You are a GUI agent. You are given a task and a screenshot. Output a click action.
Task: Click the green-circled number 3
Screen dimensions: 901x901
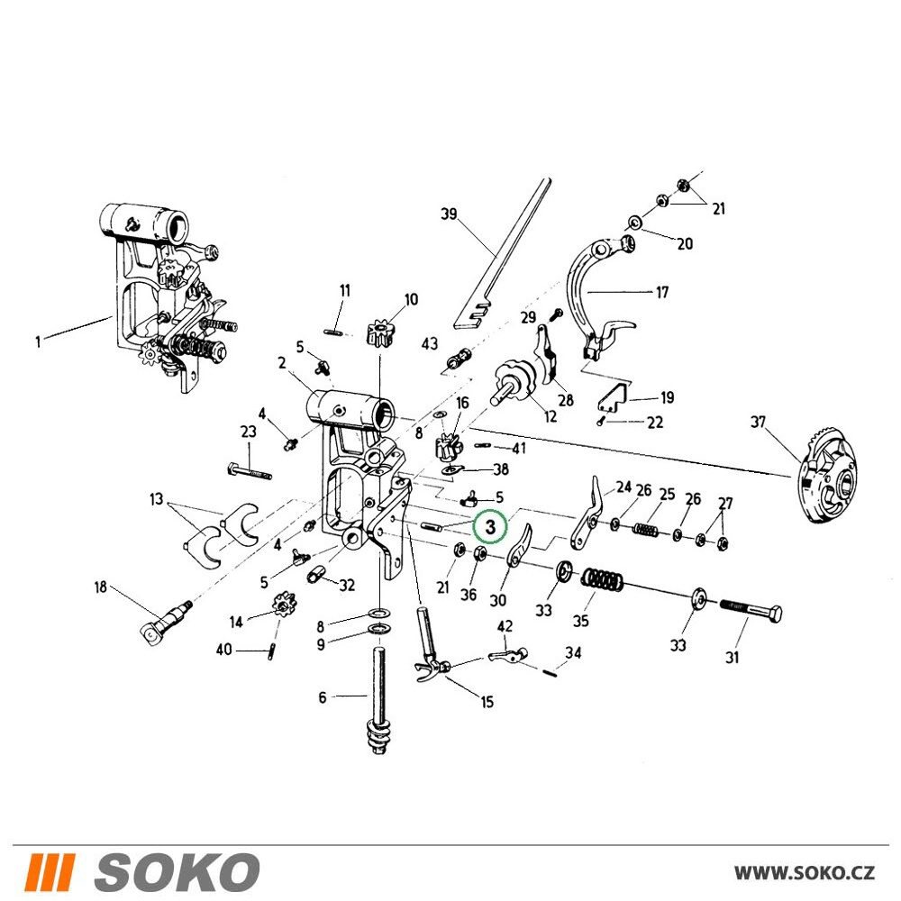click(490, 526)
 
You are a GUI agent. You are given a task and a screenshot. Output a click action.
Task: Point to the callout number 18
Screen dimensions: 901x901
click(101, 587)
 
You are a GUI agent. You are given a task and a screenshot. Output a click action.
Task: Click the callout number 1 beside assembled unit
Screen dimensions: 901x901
click(38, 341)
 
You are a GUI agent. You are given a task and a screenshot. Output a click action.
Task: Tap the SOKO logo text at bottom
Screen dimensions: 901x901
click(176, 871)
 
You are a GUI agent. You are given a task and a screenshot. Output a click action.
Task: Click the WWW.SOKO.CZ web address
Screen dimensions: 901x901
click(805, 872)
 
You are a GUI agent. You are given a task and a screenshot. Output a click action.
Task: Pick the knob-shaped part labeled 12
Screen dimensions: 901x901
click(514, 383)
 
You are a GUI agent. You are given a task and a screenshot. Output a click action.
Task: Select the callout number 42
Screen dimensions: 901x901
click(505, 626)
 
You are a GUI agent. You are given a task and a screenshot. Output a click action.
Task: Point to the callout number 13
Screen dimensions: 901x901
click(156, 499)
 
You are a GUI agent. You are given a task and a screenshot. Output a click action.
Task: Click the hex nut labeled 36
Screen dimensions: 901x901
click(480, 554)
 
